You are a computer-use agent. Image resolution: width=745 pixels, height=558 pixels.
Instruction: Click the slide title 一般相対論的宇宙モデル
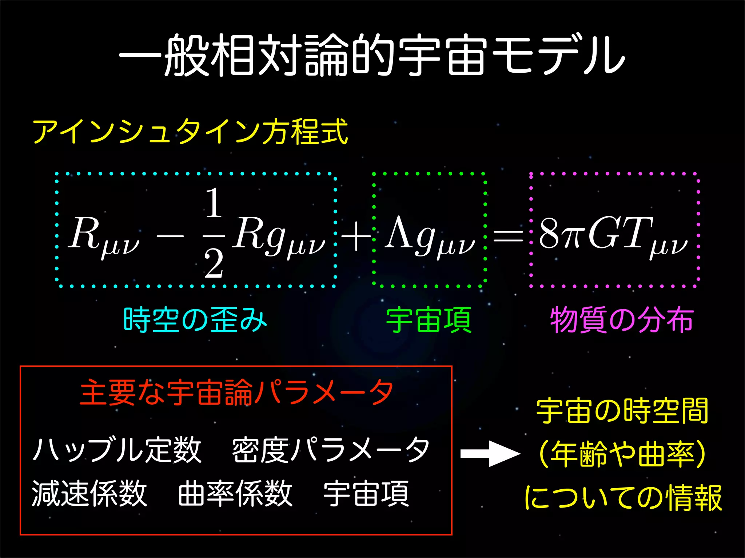(372, 55)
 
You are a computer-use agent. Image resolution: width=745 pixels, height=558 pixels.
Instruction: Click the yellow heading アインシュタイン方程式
(190, 132)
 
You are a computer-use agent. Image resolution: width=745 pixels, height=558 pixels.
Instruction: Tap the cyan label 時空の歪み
(195, 320)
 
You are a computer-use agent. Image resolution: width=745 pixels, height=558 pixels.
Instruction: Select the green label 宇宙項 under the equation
(429, 320)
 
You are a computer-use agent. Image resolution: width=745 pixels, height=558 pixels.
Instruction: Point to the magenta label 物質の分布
(621, 320)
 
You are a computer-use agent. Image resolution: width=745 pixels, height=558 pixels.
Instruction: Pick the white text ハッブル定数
(117, 450)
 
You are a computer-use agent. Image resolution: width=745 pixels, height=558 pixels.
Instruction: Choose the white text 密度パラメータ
(330, 450)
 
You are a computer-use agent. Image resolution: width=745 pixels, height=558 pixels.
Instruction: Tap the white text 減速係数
(89, 493)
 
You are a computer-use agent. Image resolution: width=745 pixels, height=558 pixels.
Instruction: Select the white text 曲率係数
(235, 493)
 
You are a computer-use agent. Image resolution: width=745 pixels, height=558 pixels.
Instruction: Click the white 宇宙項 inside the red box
(366, 493)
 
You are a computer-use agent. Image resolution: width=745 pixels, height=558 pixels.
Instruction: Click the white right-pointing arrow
(490, 454)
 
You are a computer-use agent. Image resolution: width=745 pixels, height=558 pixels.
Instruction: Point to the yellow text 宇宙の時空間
(622, 411)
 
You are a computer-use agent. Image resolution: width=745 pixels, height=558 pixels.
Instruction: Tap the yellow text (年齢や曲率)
(622, 454)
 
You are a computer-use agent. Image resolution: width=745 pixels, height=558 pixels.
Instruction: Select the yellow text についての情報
(623, 498)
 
